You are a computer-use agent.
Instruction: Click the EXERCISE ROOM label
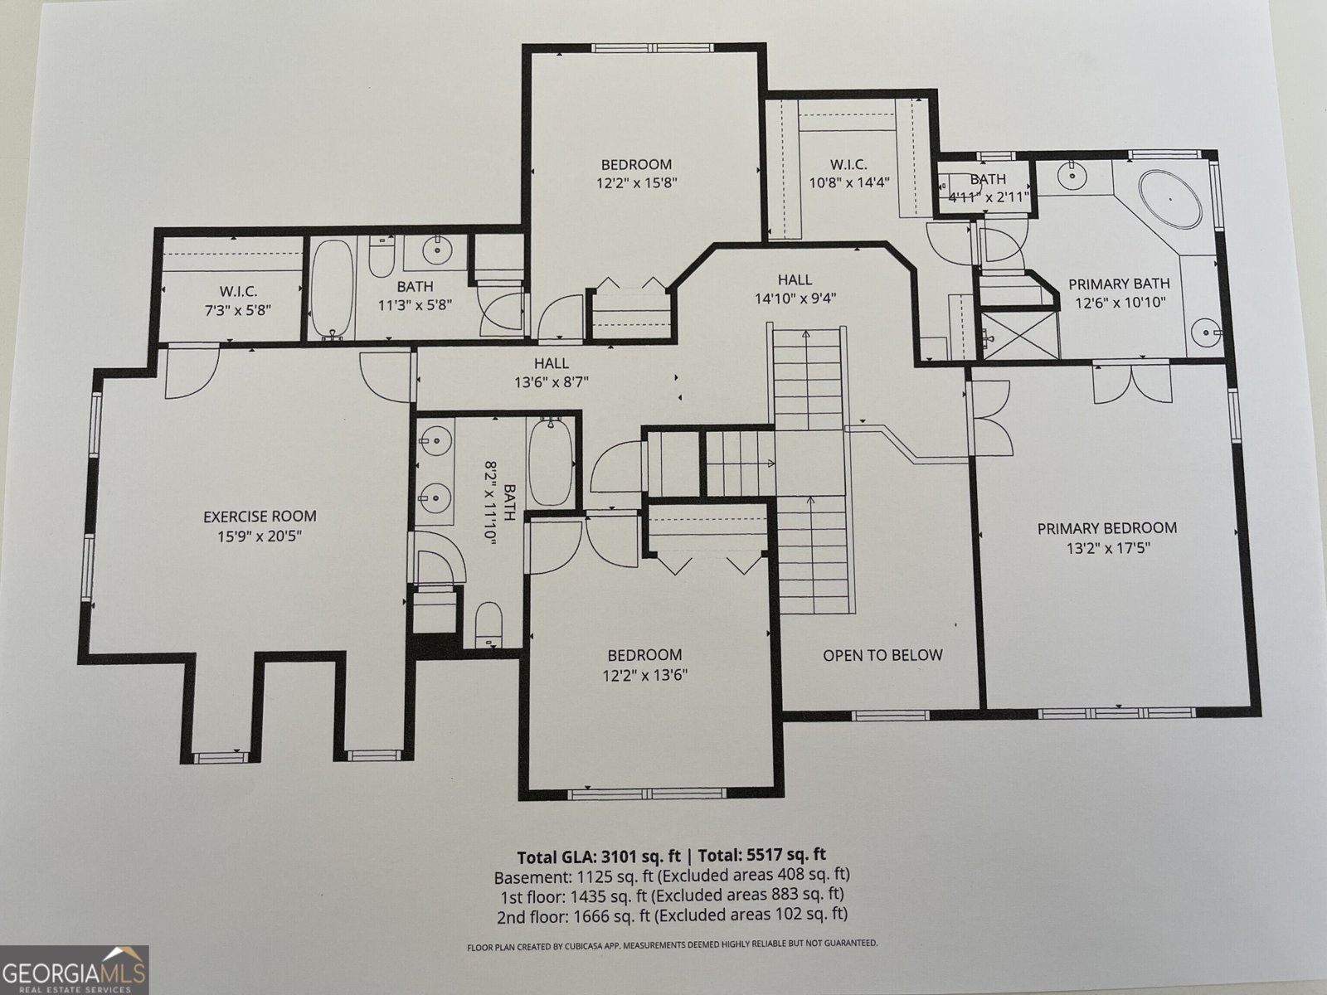click(x=260, y=517)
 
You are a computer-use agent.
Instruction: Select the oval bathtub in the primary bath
click(x=1169, y=200)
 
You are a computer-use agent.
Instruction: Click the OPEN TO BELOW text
click(x=882, y=655)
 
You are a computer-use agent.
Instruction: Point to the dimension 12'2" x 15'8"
click(x=636, y=182)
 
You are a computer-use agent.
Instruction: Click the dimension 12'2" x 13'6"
click(x=644, y=675)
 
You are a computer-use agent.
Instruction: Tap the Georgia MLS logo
click(x=74, y=969)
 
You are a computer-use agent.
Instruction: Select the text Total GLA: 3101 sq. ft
click(x=603, y=857)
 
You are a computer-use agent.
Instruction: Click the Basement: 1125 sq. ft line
click(x=671, y=876)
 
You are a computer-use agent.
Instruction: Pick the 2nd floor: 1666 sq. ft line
click(x=671, y=915)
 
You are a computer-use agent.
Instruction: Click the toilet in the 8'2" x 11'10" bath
click(x=489, y=624)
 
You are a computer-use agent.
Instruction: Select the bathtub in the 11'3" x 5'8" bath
click(x=333, y=289)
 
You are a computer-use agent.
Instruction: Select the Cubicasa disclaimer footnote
click(x=671, y=944)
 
